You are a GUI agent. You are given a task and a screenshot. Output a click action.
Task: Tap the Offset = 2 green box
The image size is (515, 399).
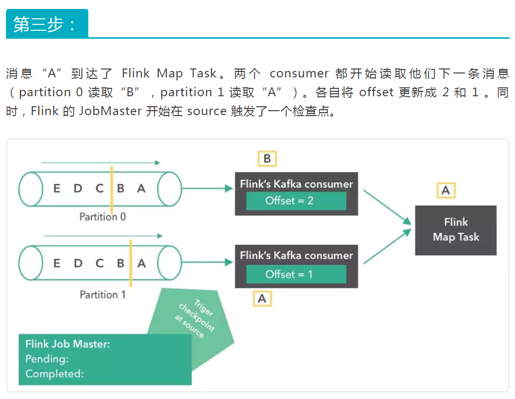click(296, 200)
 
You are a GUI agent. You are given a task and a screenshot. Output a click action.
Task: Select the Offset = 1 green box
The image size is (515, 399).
click(296, 274)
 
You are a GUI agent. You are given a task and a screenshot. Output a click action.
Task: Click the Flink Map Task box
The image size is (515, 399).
click(455, 230)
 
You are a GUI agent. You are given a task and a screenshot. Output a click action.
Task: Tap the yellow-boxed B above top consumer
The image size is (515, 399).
click(267, 158)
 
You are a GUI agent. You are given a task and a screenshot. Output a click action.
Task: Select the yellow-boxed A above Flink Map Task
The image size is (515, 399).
click(446, 190)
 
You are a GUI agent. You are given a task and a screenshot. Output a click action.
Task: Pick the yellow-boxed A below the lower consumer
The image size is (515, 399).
click(262, 298)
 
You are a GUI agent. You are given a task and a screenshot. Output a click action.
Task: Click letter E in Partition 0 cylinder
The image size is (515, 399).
click(57, 188)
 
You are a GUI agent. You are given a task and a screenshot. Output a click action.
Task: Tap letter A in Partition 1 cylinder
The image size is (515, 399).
click(141, 263)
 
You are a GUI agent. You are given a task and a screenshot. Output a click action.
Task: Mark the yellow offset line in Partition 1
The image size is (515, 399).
click(130, 263)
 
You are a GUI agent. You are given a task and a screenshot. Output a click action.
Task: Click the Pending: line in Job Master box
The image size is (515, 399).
click(47, 358)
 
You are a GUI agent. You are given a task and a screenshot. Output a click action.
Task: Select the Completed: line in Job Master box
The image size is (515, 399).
click(55, 373)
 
